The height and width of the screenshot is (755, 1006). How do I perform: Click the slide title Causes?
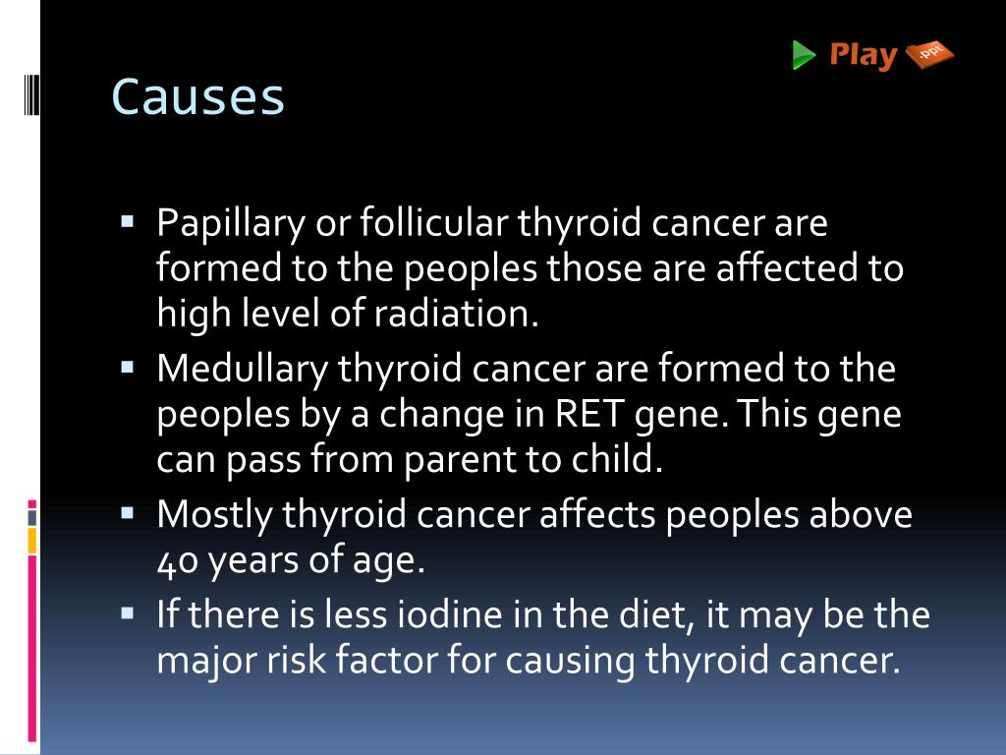(197, 96)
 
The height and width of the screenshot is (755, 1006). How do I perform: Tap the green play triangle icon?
(805, 55)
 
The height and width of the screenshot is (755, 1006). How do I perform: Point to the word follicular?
(433, 224)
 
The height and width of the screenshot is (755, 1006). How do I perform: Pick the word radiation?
(457, 313)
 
